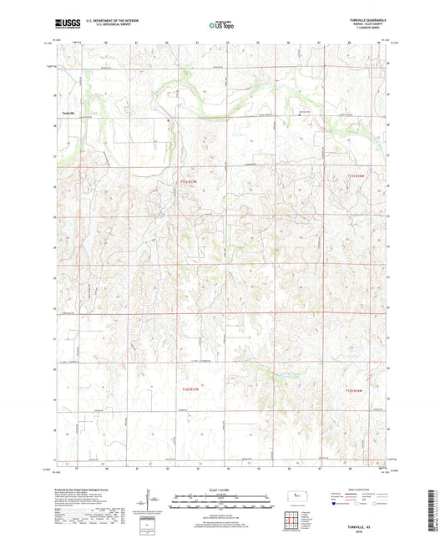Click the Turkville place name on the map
click(68, 112)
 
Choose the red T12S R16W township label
click(357, 365)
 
